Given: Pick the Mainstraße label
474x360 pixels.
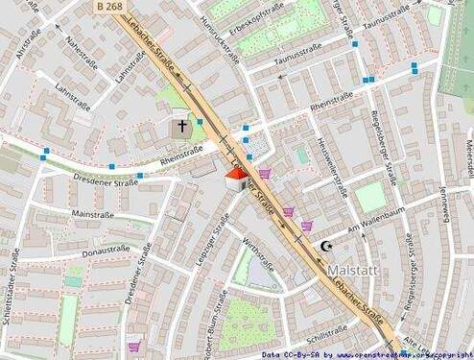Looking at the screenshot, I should (93, 214).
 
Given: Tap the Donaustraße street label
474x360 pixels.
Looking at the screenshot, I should (107, 252).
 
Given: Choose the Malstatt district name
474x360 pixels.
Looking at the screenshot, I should (354, 272).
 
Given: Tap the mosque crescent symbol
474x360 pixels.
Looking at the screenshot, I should (327, 246).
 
